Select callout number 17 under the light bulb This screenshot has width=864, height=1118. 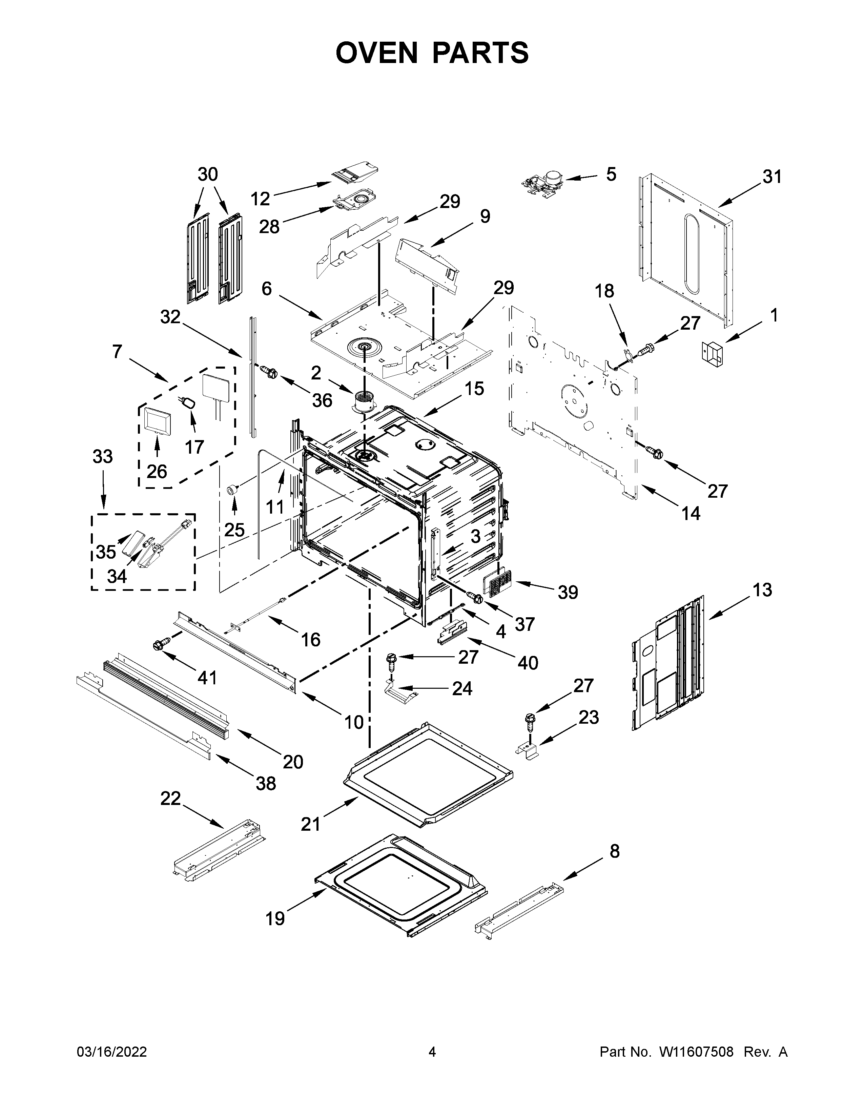coord(194,447)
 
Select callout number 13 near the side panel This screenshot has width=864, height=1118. coord(762,590)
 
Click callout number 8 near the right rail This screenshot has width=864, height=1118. coord(614,851)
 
